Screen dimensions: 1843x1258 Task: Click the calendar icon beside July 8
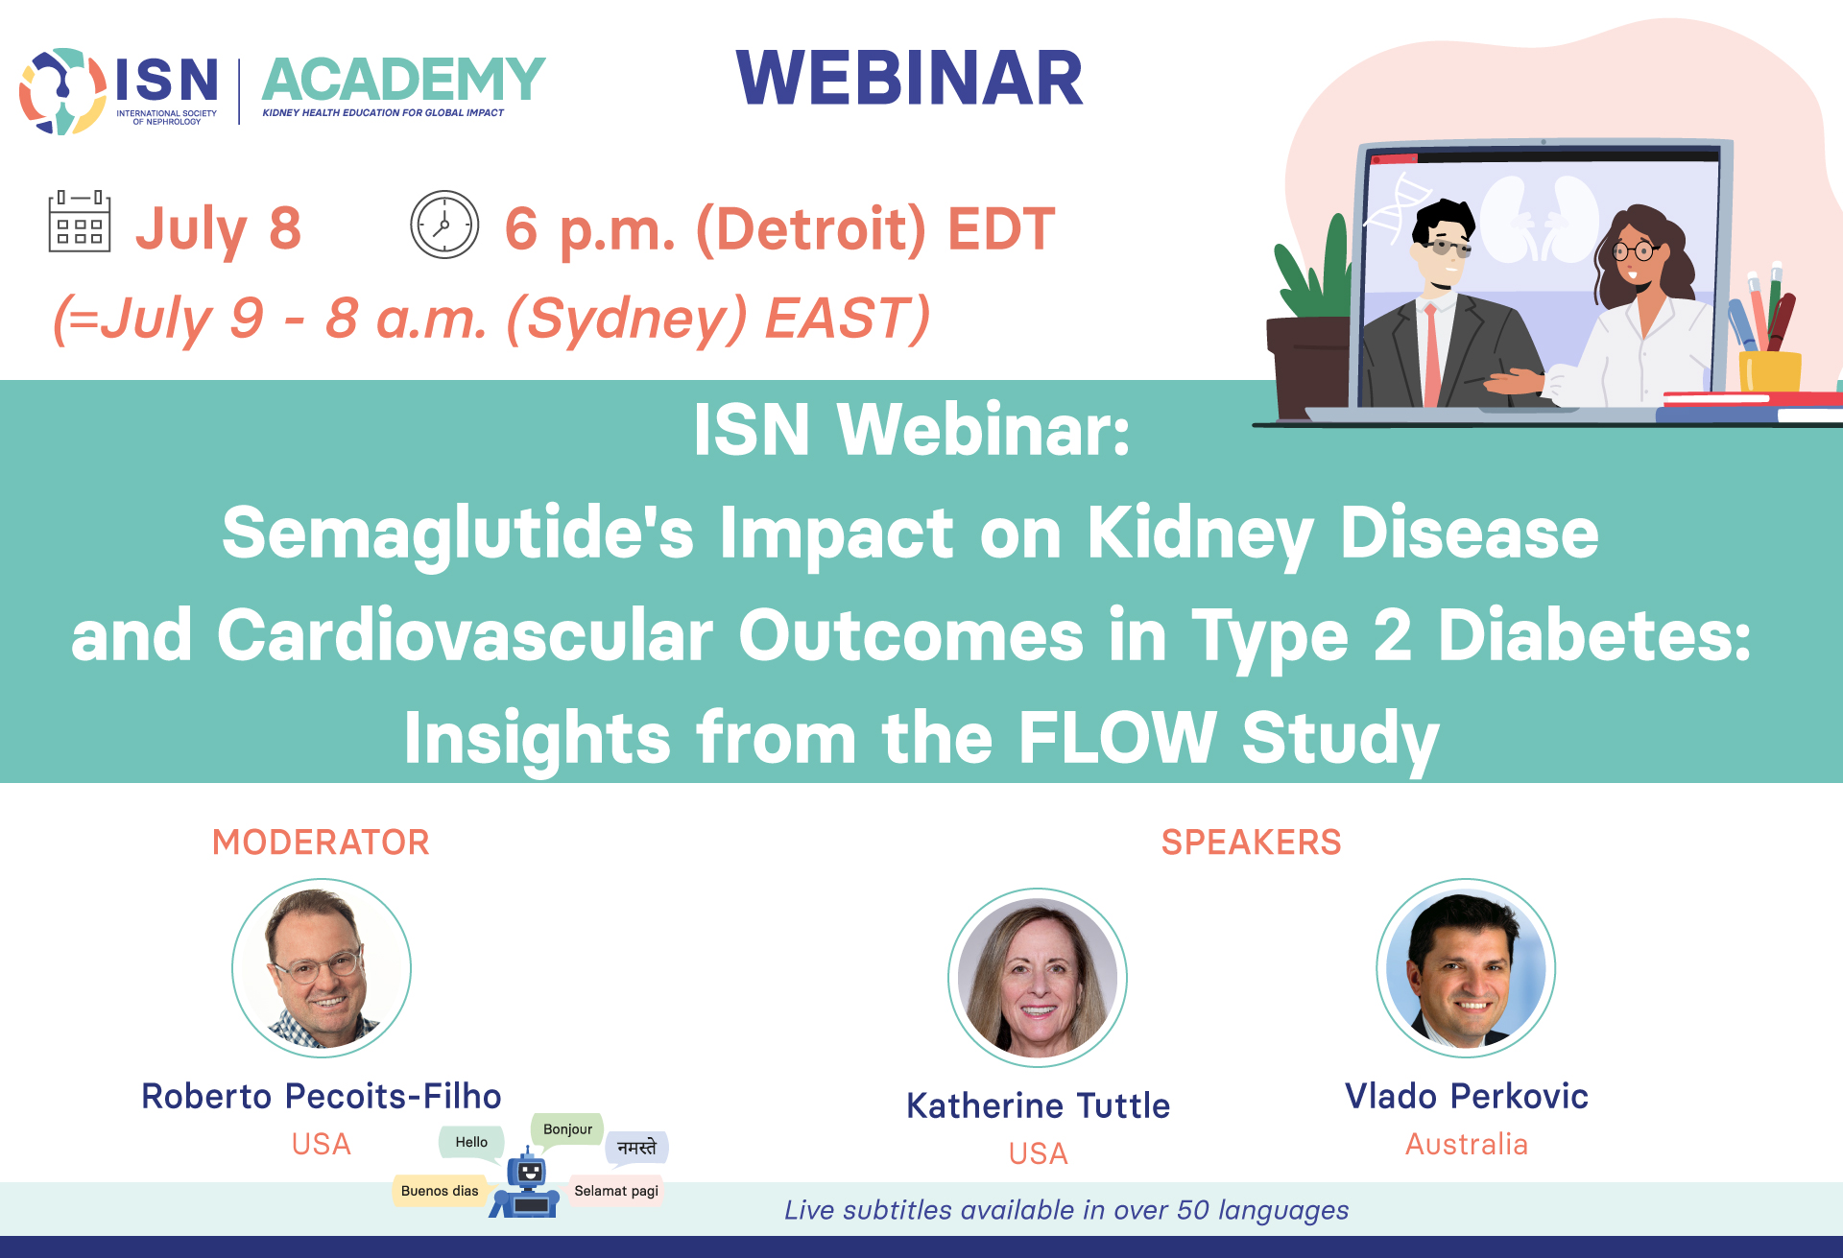click(80, 222)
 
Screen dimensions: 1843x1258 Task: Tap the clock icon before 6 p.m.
click(444, 225)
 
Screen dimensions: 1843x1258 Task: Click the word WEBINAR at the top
click(909, 78)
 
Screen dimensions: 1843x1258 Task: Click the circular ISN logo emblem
click(62, 91)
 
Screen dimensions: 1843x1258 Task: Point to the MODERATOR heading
click(321, 842)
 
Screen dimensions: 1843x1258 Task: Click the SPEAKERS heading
click(1251, 842)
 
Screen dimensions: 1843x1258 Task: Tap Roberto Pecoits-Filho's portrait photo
click(322, 968)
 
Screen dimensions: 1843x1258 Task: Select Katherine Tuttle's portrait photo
click(1038, 978)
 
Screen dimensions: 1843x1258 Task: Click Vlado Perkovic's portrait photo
click(1466, 968)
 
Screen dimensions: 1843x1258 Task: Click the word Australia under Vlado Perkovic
click(1466, 1144)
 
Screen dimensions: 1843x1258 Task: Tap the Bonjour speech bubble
click(567, 1130)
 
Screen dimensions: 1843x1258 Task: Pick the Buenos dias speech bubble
click(440, 1191)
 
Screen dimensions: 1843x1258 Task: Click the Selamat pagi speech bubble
click(616, 1191)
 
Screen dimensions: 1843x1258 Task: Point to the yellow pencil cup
click(1769, 371)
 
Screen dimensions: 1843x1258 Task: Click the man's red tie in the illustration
click(1431, 355)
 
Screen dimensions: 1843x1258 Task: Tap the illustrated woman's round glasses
click(1635, 252)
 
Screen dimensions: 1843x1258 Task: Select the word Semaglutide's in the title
click(458, 534)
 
